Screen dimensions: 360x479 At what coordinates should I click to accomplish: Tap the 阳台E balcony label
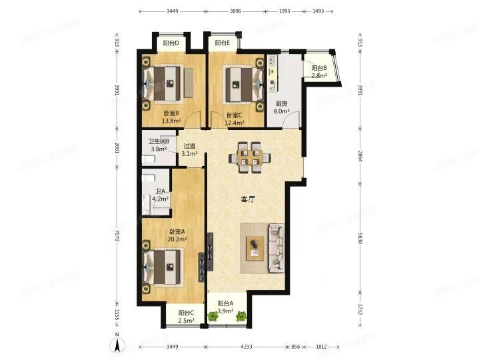[223, 44]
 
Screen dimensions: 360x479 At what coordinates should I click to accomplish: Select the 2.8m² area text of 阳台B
[319, 75]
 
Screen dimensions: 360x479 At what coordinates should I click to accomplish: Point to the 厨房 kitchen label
[281, 103]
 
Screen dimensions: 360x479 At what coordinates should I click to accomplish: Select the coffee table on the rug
[256, 248]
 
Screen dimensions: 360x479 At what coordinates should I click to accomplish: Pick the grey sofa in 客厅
[275, 250]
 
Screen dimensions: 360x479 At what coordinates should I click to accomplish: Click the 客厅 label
[248, 199]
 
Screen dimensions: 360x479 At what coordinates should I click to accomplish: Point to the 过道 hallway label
[190, 147]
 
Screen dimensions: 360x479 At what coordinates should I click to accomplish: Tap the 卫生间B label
[159, 141]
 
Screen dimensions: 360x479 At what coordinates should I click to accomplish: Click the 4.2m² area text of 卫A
[160, 199]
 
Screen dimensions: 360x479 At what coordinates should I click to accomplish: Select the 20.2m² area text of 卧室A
[177, 239]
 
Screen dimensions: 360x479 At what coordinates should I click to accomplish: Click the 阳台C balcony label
[186, 313]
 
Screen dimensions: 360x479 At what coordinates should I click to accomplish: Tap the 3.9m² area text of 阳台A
[226, 311]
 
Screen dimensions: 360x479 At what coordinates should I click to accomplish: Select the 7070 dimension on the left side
[117, 237]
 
